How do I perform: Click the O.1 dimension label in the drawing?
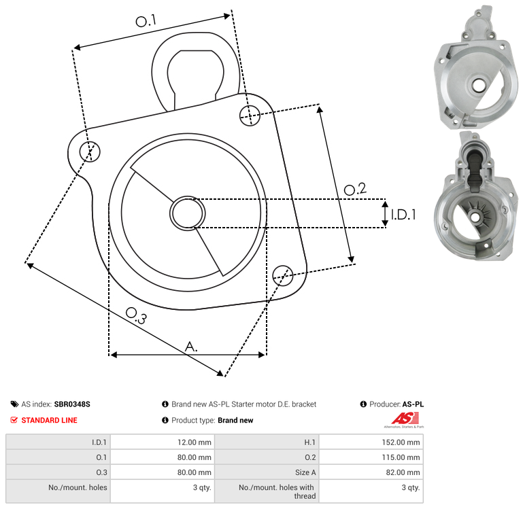click(146, 20)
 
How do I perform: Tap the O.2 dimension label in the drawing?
click(355, 189)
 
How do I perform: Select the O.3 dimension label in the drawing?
click(136, 316)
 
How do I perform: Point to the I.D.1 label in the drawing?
click(403, 215)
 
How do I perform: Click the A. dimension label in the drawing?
click(191, 347)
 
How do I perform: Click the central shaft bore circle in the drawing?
click(188, 213)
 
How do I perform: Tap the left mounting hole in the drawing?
click(90, 152)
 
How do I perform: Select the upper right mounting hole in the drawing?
click(250, 116)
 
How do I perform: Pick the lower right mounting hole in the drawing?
click(283, 276)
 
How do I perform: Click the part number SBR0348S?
click(72, 404)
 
